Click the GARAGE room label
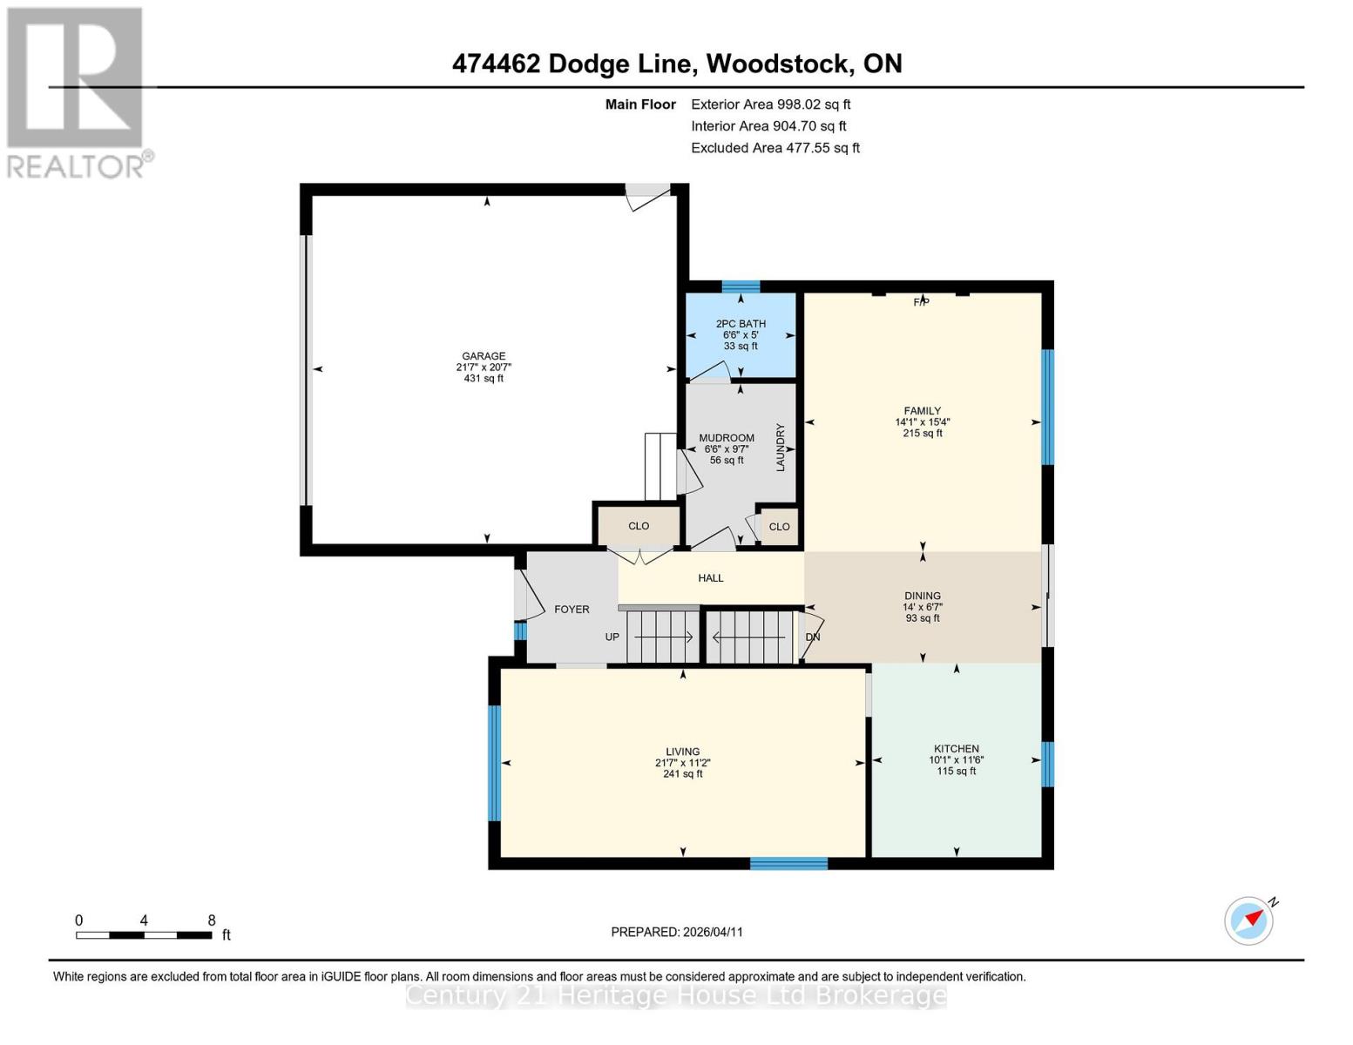pos(484,356)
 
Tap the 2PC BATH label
pos(741,324)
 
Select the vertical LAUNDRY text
pos(780,448)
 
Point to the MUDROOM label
pos(726,438)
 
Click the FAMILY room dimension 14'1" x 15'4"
pos(922,422)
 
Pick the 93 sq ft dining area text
pos(922,618)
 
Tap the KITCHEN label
pos(956,749)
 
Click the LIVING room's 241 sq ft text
pos(682,773)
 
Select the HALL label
pos(710,578)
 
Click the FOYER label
pos(572,610)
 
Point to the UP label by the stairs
pos(612,637)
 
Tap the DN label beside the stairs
pos(813,637)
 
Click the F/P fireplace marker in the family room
pos(921,302)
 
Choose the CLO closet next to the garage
pos(639,526)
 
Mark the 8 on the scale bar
pos(212,920)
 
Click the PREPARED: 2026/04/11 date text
pos(677,932)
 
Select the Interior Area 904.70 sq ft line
pos(768,126)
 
